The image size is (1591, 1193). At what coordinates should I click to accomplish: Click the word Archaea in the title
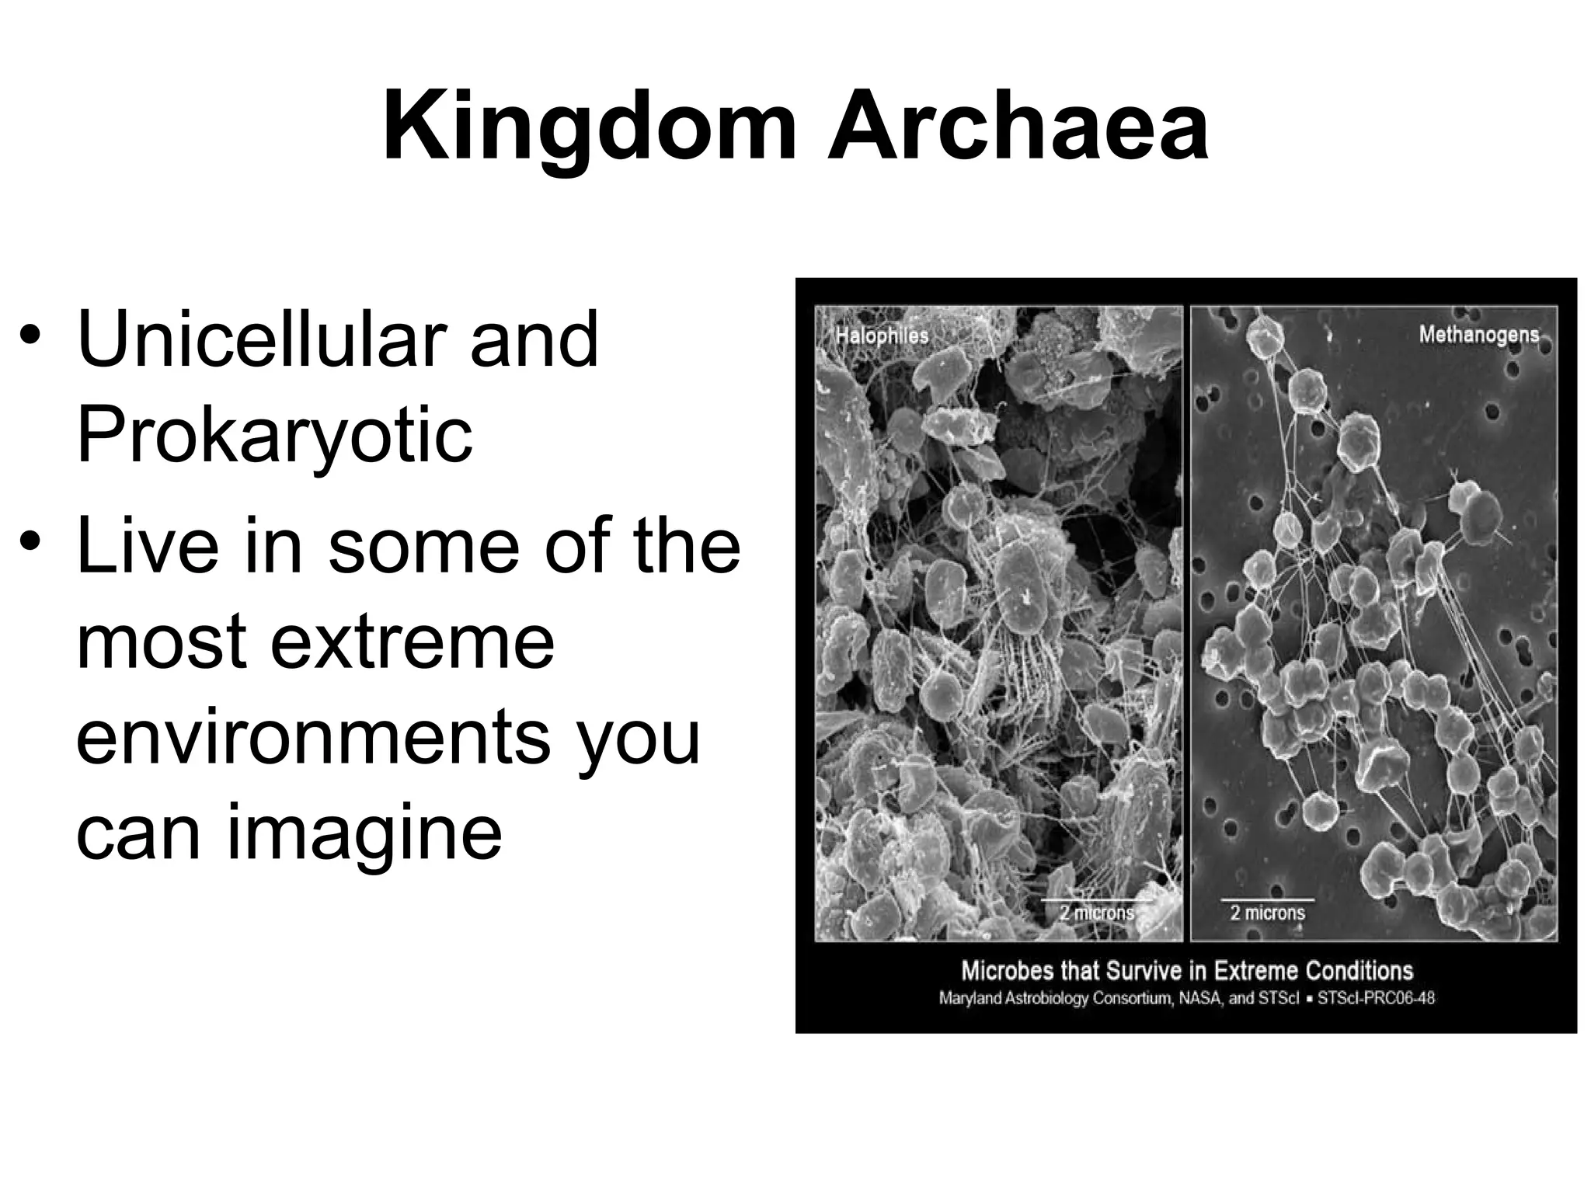1018,128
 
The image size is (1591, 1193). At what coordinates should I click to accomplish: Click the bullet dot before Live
30,539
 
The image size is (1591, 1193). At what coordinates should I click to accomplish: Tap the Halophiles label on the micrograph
882,336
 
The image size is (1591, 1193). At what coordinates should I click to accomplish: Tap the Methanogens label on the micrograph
1478,334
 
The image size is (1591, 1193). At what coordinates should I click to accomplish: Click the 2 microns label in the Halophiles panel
1096,913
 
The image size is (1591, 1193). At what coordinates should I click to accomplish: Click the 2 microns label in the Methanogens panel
1267,913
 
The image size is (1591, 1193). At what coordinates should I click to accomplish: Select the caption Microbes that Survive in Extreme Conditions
1187,971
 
